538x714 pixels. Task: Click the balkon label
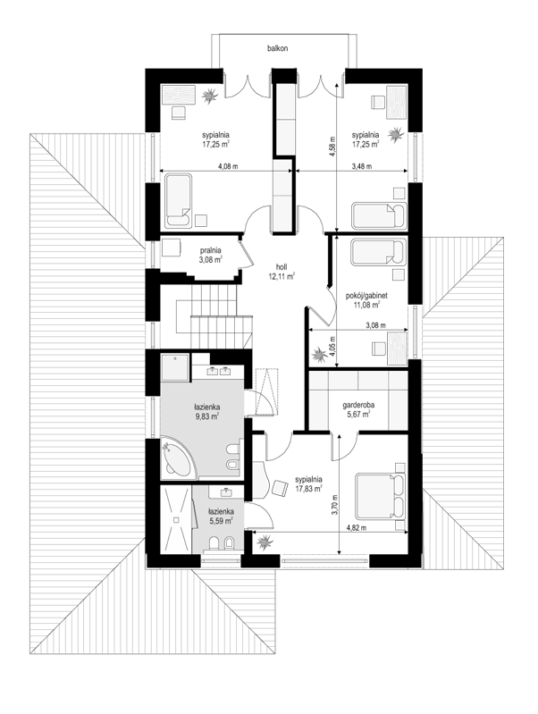pos(277,48)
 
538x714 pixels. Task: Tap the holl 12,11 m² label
pos(282,272)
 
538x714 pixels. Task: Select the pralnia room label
pos(210,255)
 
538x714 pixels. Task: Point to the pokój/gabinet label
pos(366,296)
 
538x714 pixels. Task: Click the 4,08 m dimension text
pos(228,167)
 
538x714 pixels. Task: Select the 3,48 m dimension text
pos(362,167)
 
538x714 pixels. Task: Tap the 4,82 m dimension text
pos(357,528)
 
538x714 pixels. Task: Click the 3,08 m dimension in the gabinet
pos(375,325)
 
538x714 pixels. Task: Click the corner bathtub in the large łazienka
pos(179,458)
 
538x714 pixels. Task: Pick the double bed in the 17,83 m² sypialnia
pos(381,496)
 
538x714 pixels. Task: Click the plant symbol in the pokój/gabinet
pos(318,354)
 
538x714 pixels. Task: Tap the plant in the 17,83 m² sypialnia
pos(265,542)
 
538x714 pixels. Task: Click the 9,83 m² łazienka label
pos(206,411)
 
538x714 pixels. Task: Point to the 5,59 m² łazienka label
pos(222,516)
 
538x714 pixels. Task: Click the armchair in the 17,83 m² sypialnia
pos(280,488)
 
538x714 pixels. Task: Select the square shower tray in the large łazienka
pos(174,367)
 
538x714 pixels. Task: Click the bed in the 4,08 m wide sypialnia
pos(178,200)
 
